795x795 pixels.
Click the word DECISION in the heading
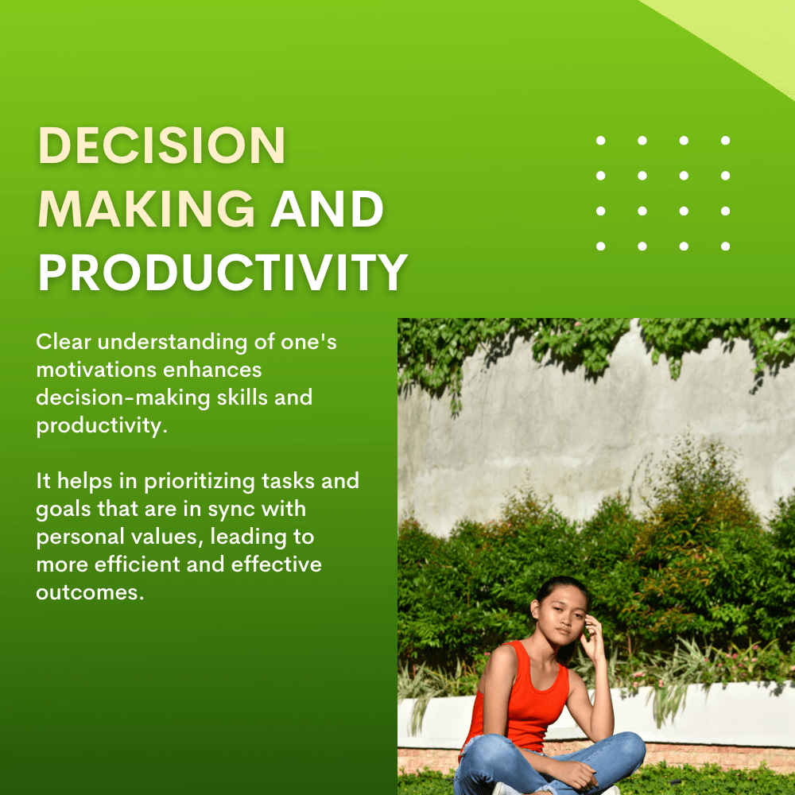(x=161, y=145)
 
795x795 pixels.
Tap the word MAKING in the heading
(x=146, y=209)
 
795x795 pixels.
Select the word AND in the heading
(x=327, y=209)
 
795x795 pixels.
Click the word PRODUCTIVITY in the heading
(x=223, y=272)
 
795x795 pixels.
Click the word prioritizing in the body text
(x=200, y=483)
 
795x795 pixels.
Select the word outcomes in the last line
(x=90, y=592)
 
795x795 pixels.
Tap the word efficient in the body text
(x=138, y=564)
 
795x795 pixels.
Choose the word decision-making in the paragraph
(x=122, y=398)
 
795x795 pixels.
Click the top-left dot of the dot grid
(x=601, y=141)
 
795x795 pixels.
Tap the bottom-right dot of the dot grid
(x=726, y=246)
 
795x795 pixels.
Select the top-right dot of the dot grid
(x=726, y=141)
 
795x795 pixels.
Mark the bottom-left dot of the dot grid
(x=601, y=246)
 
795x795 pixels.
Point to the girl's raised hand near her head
(x=591, y=636)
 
